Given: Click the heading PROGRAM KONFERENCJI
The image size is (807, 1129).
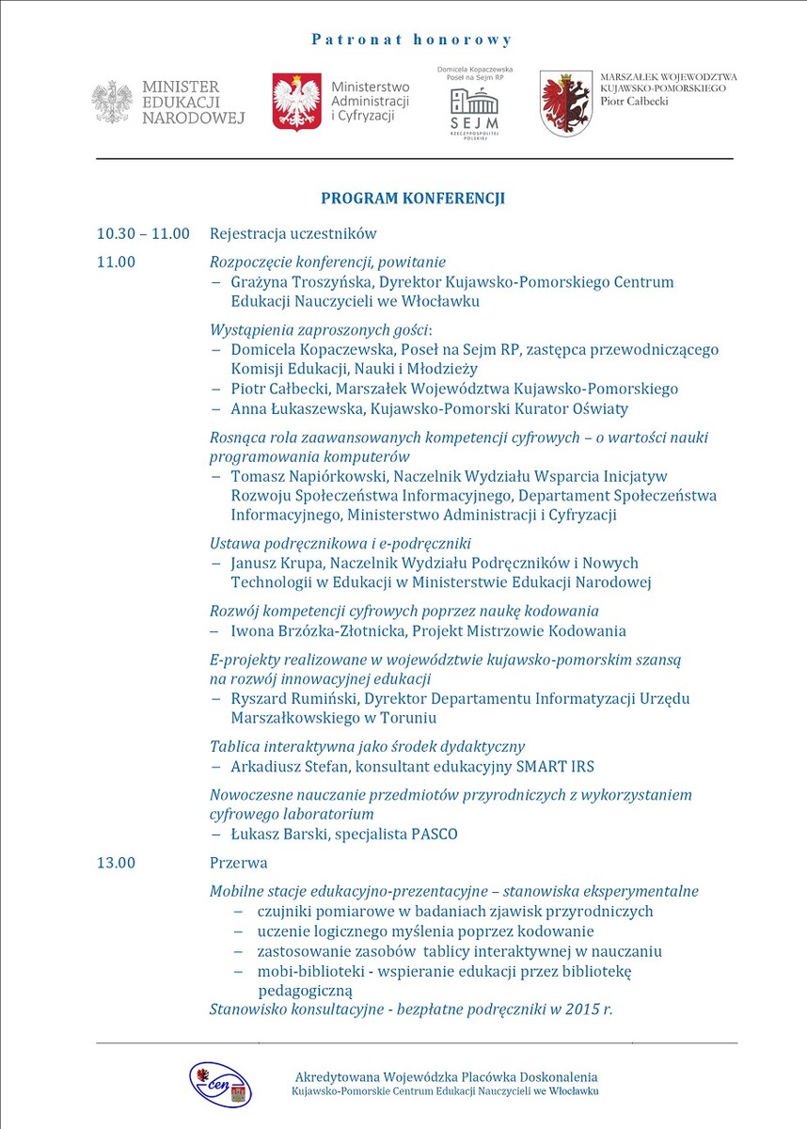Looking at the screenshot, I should [x=413, y=199].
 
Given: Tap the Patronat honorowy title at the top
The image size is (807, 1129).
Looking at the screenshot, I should [x=412, y=40].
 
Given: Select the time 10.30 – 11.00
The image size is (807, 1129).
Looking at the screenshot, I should [x=143, y=234].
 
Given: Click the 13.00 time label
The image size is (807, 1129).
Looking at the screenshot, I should [x=116, y=863].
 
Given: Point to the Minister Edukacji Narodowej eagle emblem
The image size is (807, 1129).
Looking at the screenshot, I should [x=112, y=102].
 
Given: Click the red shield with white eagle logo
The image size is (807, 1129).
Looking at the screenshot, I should [x=296, y=102].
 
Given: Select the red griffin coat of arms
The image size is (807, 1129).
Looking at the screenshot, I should [x=566, y=103].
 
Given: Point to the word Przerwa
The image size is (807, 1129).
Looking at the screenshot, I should [x=239, y=863].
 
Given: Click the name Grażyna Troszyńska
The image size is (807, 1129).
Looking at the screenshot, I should [x=298, y=282].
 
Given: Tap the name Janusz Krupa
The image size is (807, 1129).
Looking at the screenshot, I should [x=273, y=563].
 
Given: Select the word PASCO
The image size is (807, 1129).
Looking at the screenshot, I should [x=435, y=835].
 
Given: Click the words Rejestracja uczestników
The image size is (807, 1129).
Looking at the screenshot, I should [x=293, y=234].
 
